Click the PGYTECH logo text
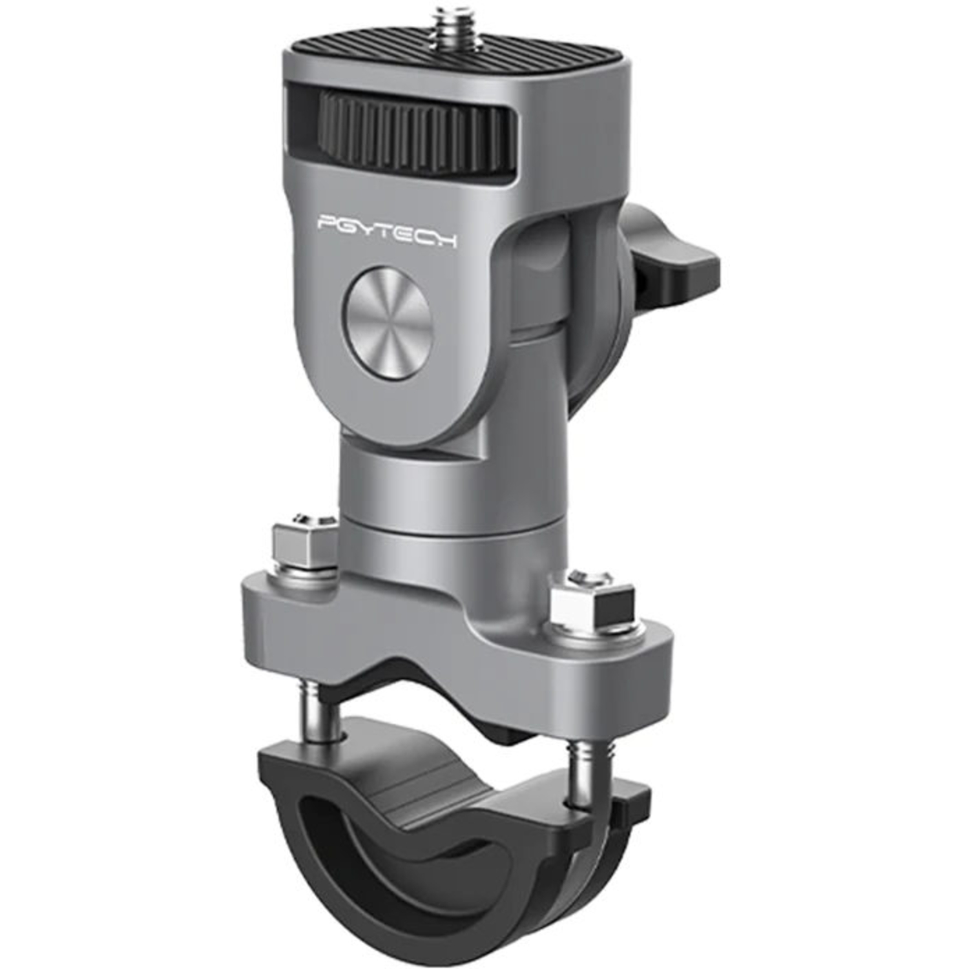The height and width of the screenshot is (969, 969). [x=387, y=232]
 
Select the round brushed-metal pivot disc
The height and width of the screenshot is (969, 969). [x=388, y=322]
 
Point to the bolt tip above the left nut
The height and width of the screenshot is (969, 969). [x=301, y=519]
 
